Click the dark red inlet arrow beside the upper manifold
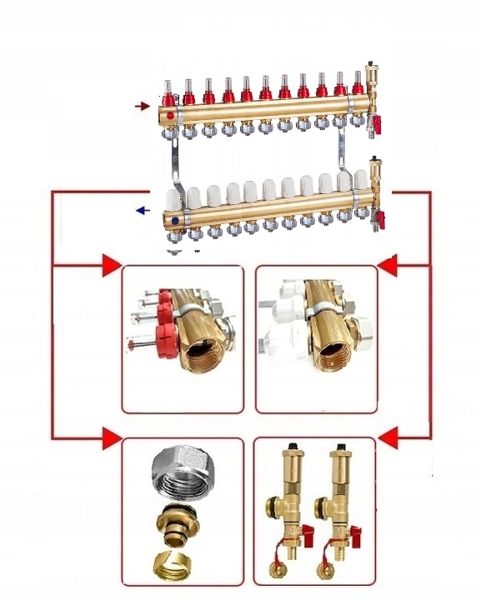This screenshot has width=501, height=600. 143,106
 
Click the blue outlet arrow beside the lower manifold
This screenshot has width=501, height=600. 143,210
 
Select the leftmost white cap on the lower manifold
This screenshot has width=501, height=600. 173,198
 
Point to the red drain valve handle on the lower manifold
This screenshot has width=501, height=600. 380,221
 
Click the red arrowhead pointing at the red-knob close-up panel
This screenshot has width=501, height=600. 110,266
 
